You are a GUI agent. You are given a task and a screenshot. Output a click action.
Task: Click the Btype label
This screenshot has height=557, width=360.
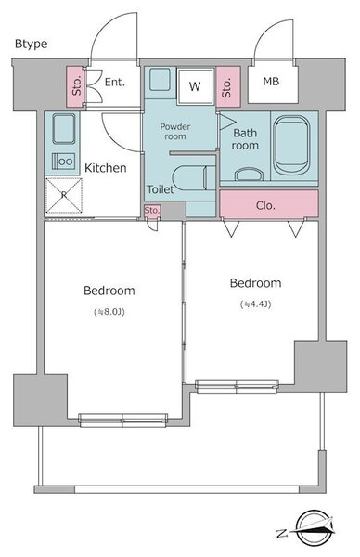click(x=31, y=44)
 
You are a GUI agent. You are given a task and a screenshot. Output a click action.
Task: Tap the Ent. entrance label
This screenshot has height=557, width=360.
click(x=115, y=83)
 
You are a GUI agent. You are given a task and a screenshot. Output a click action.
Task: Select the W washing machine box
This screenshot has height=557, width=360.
click(x=195, y=86)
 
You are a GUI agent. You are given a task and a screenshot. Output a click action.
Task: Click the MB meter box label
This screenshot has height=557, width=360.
click(x=271, y=82)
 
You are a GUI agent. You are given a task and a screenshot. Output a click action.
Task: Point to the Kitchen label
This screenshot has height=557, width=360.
click(x=106, y=168)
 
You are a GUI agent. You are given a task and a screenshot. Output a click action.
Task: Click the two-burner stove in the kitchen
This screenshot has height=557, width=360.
click(x=64, y=162)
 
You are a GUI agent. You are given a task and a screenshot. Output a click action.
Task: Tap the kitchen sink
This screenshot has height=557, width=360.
click(x=64, y=129)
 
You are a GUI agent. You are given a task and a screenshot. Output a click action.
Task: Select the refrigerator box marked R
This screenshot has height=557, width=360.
click(x=64, y=195)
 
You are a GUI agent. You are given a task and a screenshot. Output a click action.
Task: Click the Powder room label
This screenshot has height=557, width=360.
click(x=175, y=132)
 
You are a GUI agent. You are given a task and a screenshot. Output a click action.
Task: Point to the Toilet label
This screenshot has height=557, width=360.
click(x=161, y=189)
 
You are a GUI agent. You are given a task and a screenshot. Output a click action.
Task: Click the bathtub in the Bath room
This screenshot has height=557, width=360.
click(x=291, y=146)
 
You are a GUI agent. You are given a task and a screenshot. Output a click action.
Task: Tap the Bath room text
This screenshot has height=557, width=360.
click(x=245, y=139)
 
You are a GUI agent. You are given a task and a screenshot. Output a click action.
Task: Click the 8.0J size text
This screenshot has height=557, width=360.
click(x=109, y=312)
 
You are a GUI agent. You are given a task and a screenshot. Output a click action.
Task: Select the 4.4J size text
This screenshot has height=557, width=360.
click(x=256, y=304)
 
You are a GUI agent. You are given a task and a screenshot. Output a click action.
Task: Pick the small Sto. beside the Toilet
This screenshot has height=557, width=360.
click(x=152, y=211)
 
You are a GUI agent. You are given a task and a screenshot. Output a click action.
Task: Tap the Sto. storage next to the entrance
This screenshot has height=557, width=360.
click(x=76, y=86)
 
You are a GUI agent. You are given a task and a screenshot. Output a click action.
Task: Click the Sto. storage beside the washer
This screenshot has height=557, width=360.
click(x=228, y=86)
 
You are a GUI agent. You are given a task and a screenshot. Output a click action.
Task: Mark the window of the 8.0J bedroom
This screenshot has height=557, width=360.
click(x=123, y=421)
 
